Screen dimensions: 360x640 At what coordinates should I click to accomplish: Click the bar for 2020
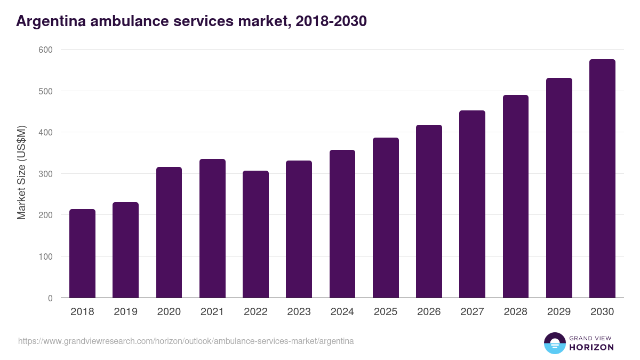169,233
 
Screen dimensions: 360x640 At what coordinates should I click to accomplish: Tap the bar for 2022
255,234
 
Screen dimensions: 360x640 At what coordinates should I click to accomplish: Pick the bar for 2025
386,218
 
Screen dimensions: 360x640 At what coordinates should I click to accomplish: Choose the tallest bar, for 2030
602,179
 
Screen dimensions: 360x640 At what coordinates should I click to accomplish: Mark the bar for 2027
472,204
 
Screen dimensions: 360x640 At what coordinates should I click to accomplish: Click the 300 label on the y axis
46,174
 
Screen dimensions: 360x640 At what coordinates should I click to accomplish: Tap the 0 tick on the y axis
50,298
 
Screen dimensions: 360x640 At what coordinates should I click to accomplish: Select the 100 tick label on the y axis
46,257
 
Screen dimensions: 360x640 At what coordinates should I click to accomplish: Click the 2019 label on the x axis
126,311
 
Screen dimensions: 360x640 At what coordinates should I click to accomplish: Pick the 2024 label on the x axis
342,311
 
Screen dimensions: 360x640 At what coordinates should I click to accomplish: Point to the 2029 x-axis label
558,311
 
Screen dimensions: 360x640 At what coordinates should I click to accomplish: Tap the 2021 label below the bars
212,311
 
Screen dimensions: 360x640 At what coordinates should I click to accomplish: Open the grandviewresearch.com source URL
186,341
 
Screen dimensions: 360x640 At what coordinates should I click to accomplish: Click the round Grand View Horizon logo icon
554,343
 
